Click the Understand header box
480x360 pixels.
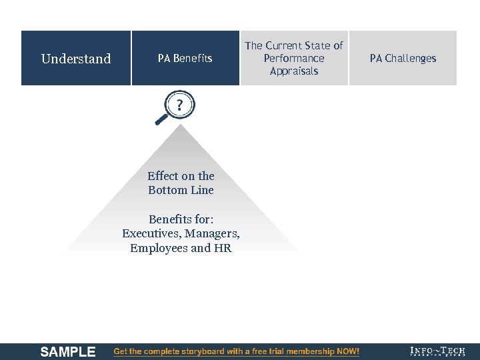tap(76, 59)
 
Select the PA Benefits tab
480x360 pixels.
tap(185, 59)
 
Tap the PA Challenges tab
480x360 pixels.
tap(403, 59)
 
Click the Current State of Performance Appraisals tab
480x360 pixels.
tap(294, 59)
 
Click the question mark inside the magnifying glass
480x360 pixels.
tap(179, 105)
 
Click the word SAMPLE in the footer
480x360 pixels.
tap(68, 352)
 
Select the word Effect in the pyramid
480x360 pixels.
tap(163, 176)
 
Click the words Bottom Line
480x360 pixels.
tap(181, 190)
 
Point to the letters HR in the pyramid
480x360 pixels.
tap(223, 248)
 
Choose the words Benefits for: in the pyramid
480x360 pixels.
tap(181, 219)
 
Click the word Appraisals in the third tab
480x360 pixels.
tap(294, 71)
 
